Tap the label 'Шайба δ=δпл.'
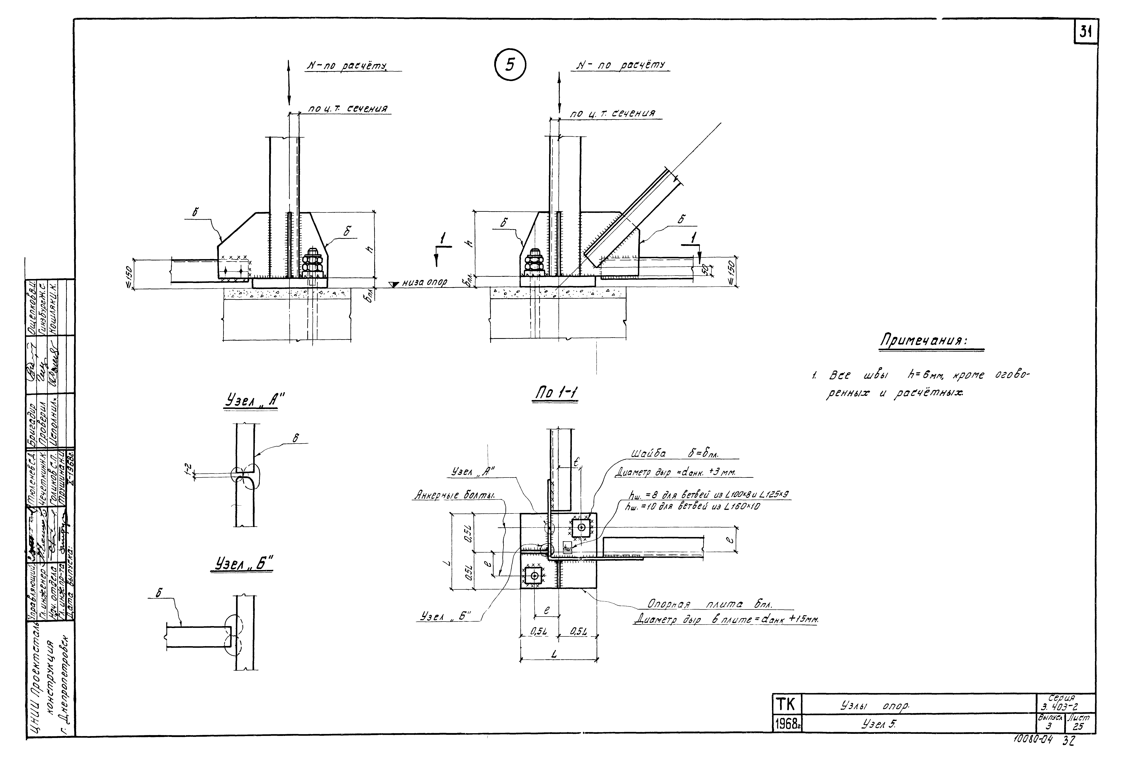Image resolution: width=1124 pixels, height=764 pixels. pos(675,454)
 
